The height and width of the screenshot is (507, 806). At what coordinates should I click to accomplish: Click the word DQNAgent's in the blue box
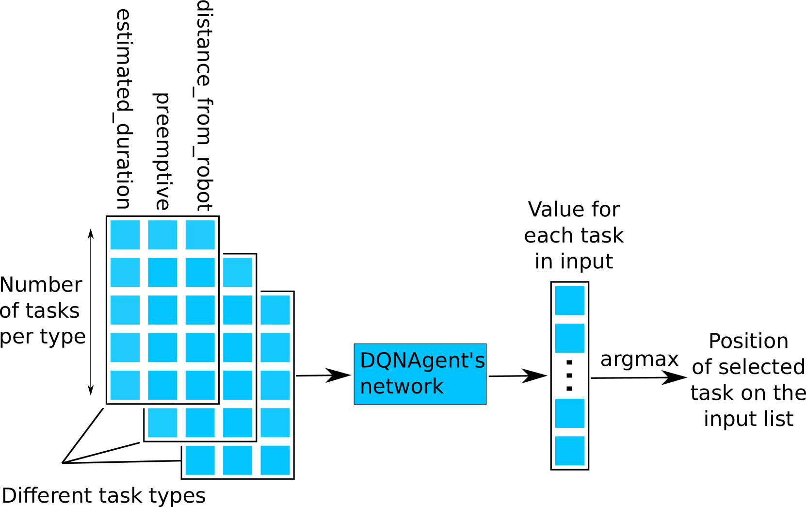[x=422, y=360]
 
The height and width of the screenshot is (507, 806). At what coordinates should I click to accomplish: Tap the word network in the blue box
[x=402, y=387]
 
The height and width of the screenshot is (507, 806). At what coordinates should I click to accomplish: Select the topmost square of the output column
[x=569, y=300]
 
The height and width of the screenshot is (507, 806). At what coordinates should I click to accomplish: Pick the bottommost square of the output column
[x=569, y=451]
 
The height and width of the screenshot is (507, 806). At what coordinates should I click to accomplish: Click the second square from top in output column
[x=569, y=338]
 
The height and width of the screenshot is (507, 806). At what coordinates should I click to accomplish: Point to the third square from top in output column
[x=569, y=413]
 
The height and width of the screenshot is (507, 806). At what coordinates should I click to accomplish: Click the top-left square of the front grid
[x=125, y=235]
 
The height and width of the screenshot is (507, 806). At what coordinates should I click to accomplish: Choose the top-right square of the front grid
[x=200, y=235]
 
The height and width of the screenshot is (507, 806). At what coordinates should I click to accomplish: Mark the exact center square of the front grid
[x=162, y=310]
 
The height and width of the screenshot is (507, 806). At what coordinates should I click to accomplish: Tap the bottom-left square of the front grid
[x=125, y=385]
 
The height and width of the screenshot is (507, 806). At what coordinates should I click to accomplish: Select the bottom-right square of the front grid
[x=200, y=385]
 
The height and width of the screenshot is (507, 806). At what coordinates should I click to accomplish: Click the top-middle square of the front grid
[x=162, y=235]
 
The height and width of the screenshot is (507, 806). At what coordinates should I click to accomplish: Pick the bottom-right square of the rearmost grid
[x=275, y=460]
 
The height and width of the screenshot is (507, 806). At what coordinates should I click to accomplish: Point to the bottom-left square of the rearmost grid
[x=200, y=460]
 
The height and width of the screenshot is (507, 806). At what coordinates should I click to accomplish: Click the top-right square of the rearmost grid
[x=275, y=310]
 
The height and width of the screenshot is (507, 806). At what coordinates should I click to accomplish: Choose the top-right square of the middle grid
[x=238, y=272]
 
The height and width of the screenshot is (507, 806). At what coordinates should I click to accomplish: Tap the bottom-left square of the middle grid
[x=162, y=423]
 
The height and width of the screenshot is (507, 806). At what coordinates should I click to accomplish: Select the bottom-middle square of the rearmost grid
[x=238, y=460]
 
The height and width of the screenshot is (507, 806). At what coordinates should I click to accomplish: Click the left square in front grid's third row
[x=125, y=310]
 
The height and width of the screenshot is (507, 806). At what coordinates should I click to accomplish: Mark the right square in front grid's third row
[x=200, y=310]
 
